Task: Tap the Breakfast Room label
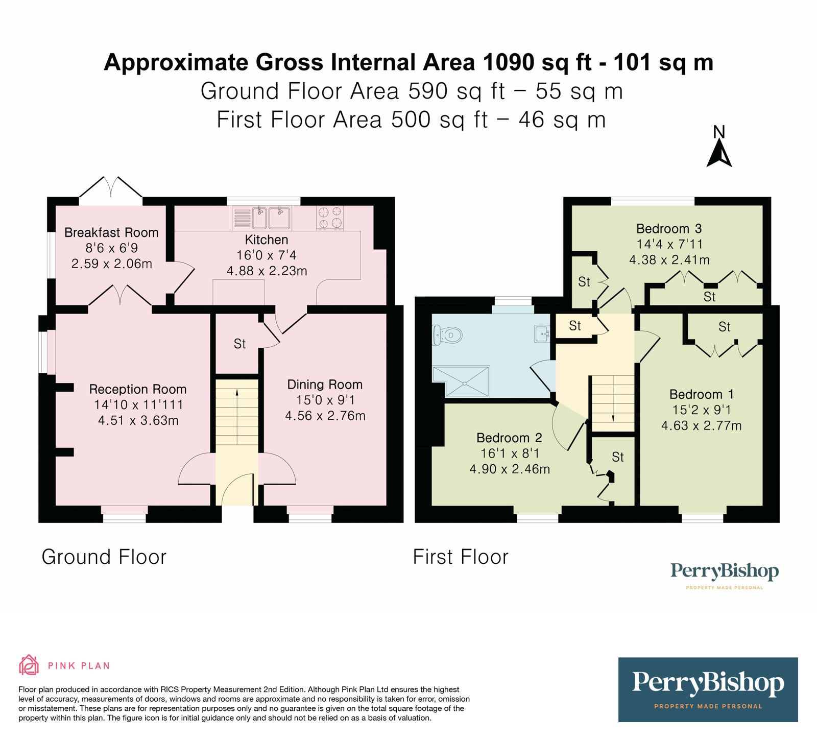pos(111,233)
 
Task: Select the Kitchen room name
pos(267,240)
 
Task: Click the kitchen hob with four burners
pos(330,218)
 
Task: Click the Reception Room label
pos(138,389)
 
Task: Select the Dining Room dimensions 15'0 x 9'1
pos(325,400)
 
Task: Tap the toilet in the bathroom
pos(447,336)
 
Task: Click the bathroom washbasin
pos(542,334)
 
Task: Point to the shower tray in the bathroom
pos(461,381)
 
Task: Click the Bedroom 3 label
pos(669,228)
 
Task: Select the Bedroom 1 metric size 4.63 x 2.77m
pos(702,425)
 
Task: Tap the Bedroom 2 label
pos(509,438)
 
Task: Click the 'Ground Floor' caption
pos(104,557)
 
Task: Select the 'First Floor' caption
pos(461,557)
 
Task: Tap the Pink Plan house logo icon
pos(29,665)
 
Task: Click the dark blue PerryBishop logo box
pos(708,689)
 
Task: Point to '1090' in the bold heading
pos(510,62)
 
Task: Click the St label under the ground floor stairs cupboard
pos(239,344)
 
